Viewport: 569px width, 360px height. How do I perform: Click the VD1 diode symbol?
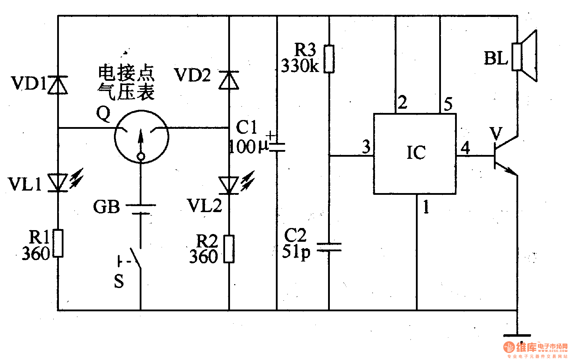[57, 85]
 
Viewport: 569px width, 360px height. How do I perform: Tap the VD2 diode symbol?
[229, 80]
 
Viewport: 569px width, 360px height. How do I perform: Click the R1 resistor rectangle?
[58, 243]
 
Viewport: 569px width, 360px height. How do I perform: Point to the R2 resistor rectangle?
[229, 249]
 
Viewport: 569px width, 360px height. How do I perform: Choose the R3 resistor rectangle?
[329, 59]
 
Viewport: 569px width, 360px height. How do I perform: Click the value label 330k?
[300, 66]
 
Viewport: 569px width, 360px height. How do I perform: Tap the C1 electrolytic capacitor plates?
[277, 146]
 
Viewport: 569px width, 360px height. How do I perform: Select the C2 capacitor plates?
[329, 247]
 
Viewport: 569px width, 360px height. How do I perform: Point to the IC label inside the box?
[416, 153]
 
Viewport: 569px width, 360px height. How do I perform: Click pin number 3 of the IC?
[367, 146]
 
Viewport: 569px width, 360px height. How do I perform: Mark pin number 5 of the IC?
[448, 104]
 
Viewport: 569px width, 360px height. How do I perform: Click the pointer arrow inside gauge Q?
[141, 139]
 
